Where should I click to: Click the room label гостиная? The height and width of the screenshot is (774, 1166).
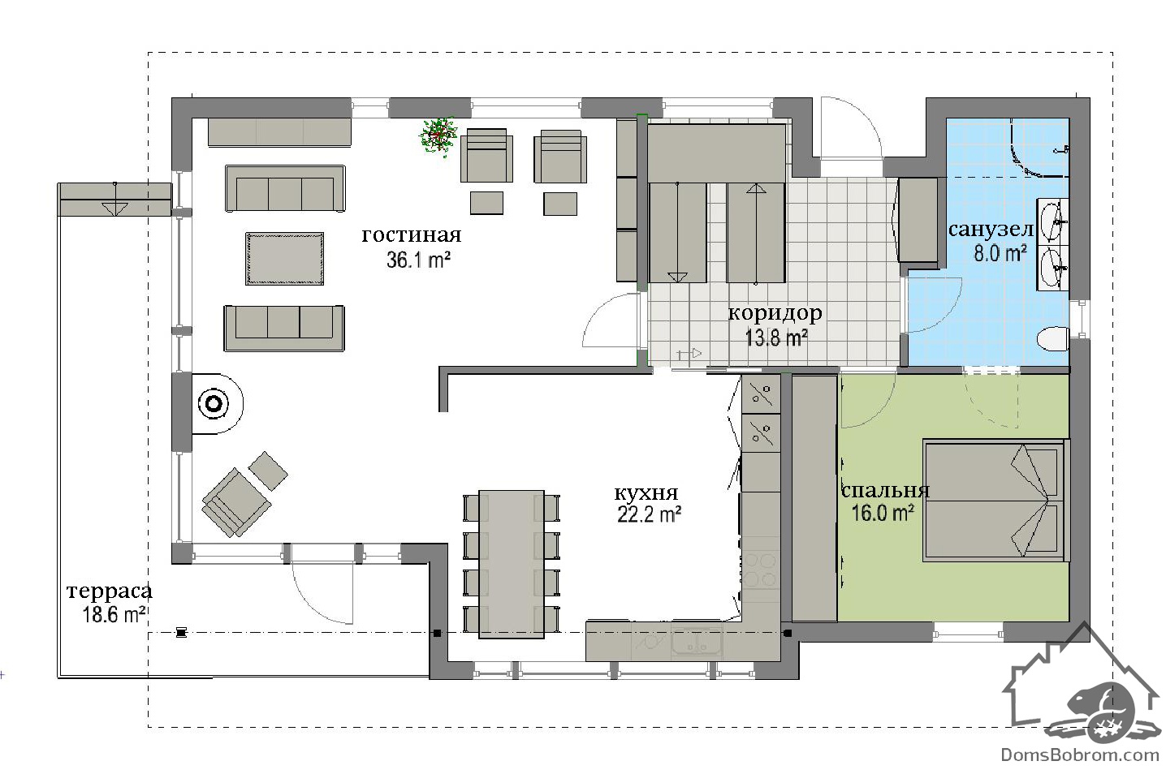pos(411,234)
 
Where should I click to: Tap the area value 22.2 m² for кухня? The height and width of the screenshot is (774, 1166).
pos(649,514)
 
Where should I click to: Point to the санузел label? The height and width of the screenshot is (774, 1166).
pos(991,230)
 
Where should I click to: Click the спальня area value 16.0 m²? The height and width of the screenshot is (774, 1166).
pos(883,513)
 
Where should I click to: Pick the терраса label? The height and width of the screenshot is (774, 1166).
pos(110,591)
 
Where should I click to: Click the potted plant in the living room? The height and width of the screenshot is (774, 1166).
pos(438,135)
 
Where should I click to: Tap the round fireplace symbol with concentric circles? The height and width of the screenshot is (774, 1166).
pos(214,404)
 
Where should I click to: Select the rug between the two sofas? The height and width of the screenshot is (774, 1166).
pos(285,259)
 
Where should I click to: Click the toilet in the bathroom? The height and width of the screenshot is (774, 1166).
pos(1052,338)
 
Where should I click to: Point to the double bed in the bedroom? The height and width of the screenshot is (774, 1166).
pos(995,500)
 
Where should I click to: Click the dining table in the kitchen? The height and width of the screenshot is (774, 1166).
pos(512,564)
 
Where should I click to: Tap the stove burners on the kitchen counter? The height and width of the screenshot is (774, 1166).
pos(761,570)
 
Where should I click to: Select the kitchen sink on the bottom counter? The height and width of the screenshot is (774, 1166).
pos(697,643)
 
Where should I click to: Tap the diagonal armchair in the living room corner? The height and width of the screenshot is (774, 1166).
pos(235,501)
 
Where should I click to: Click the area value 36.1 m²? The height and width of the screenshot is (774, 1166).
pos(418,260)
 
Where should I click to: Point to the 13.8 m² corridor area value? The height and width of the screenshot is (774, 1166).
pos(776,338)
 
